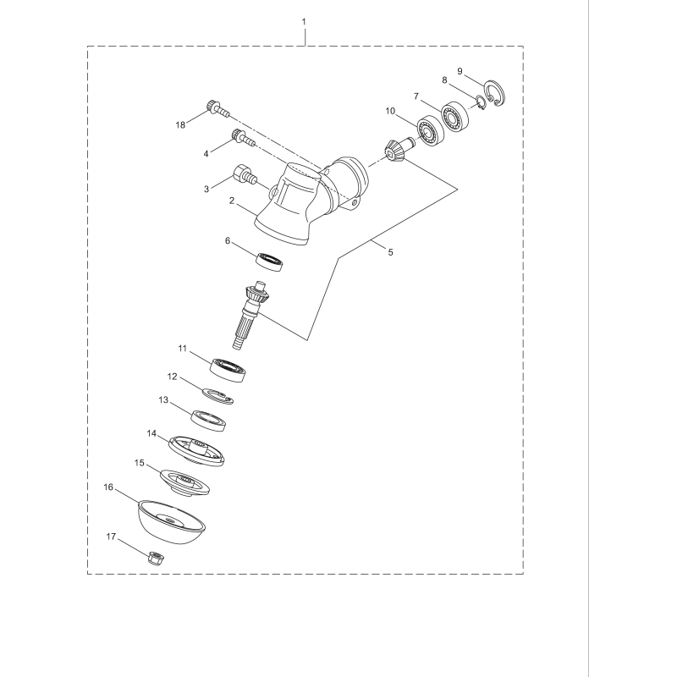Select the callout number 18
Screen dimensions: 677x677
click(x=180, y=125)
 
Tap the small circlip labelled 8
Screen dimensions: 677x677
click(x=479, y=104)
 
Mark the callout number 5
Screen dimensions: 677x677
click(x=390, y=251)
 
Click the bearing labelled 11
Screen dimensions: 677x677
click(x=229, y=367)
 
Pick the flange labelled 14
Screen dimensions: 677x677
click(x=198, y=448)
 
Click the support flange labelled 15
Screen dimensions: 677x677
click(x=185, y=481)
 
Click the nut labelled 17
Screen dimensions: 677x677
click(x=155, y=558)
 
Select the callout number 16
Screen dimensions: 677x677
click(x=108, y=487)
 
